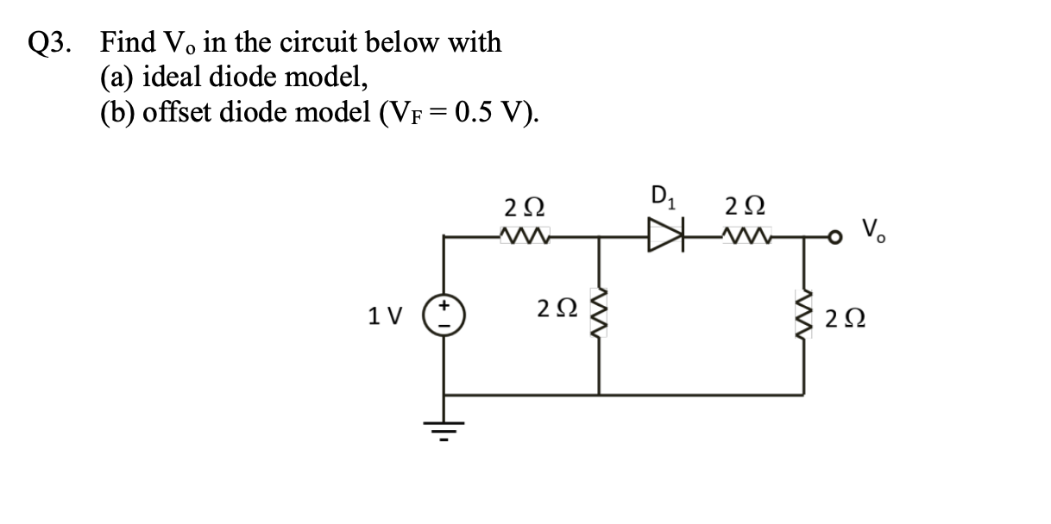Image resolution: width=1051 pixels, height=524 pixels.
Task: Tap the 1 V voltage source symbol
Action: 445,318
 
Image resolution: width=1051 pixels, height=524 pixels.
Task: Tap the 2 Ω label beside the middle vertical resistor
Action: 555,308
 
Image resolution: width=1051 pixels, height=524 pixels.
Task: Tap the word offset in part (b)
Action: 176,113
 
